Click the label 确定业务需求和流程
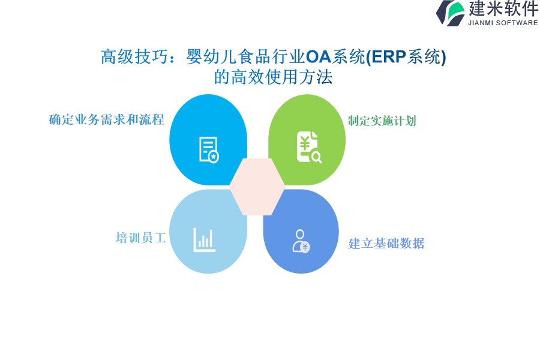[106, 119]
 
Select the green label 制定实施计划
[382, 121]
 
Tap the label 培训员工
[141, 238]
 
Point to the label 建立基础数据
[386, 243]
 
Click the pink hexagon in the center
[257, 187]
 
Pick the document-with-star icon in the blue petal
[209, 150]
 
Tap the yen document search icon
[309, 147]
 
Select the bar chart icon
[204, 240]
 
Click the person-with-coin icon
[301, 241]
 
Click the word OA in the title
[318, 57]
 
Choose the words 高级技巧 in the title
[134, 57]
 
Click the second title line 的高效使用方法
[273, 77]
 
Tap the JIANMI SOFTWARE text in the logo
[503, 23]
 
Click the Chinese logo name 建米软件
[503, 8]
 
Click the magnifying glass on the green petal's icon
[316, 157]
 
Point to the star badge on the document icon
[214, 157]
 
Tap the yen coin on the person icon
[305, 247]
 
